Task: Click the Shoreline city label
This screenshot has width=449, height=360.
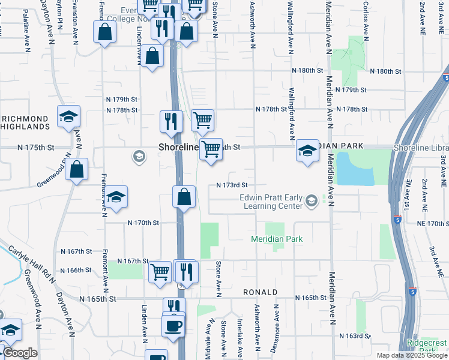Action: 178,147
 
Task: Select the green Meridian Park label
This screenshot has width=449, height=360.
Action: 277,239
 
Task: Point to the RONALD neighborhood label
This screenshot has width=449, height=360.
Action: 259,292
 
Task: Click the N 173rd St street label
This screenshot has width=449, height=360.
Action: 232,186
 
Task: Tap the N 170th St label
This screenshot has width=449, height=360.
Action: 143,223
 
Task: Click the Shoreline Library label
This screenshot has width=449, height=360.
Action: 420,148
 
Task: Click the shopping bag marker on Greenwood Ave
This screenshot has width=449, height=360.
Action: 77,170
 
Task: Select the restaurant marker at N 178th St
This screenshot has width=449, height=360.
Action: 171,121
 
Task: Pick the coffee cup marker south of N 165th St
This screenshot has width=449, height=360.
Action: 173,325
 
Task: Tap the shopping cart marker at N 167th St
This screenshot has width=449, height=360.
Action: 160,271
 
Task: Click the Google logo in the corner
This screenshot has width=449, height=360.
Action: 20,353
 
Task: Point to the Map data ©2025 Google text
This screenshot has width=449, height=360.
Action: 411,355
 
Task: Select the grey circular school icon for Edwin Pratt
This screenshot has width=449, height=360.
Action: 311,200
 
